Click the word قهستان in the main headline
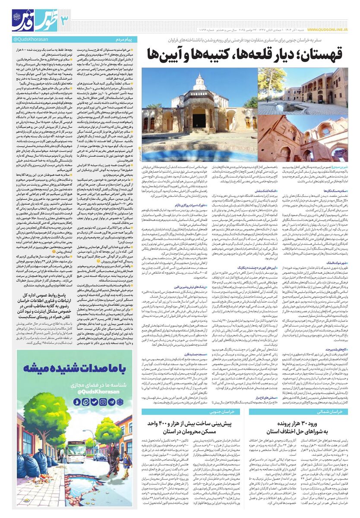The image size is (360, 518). [x=317, y=54]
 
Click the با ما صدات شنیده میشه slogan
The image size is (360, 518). [x=75, y=370]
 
